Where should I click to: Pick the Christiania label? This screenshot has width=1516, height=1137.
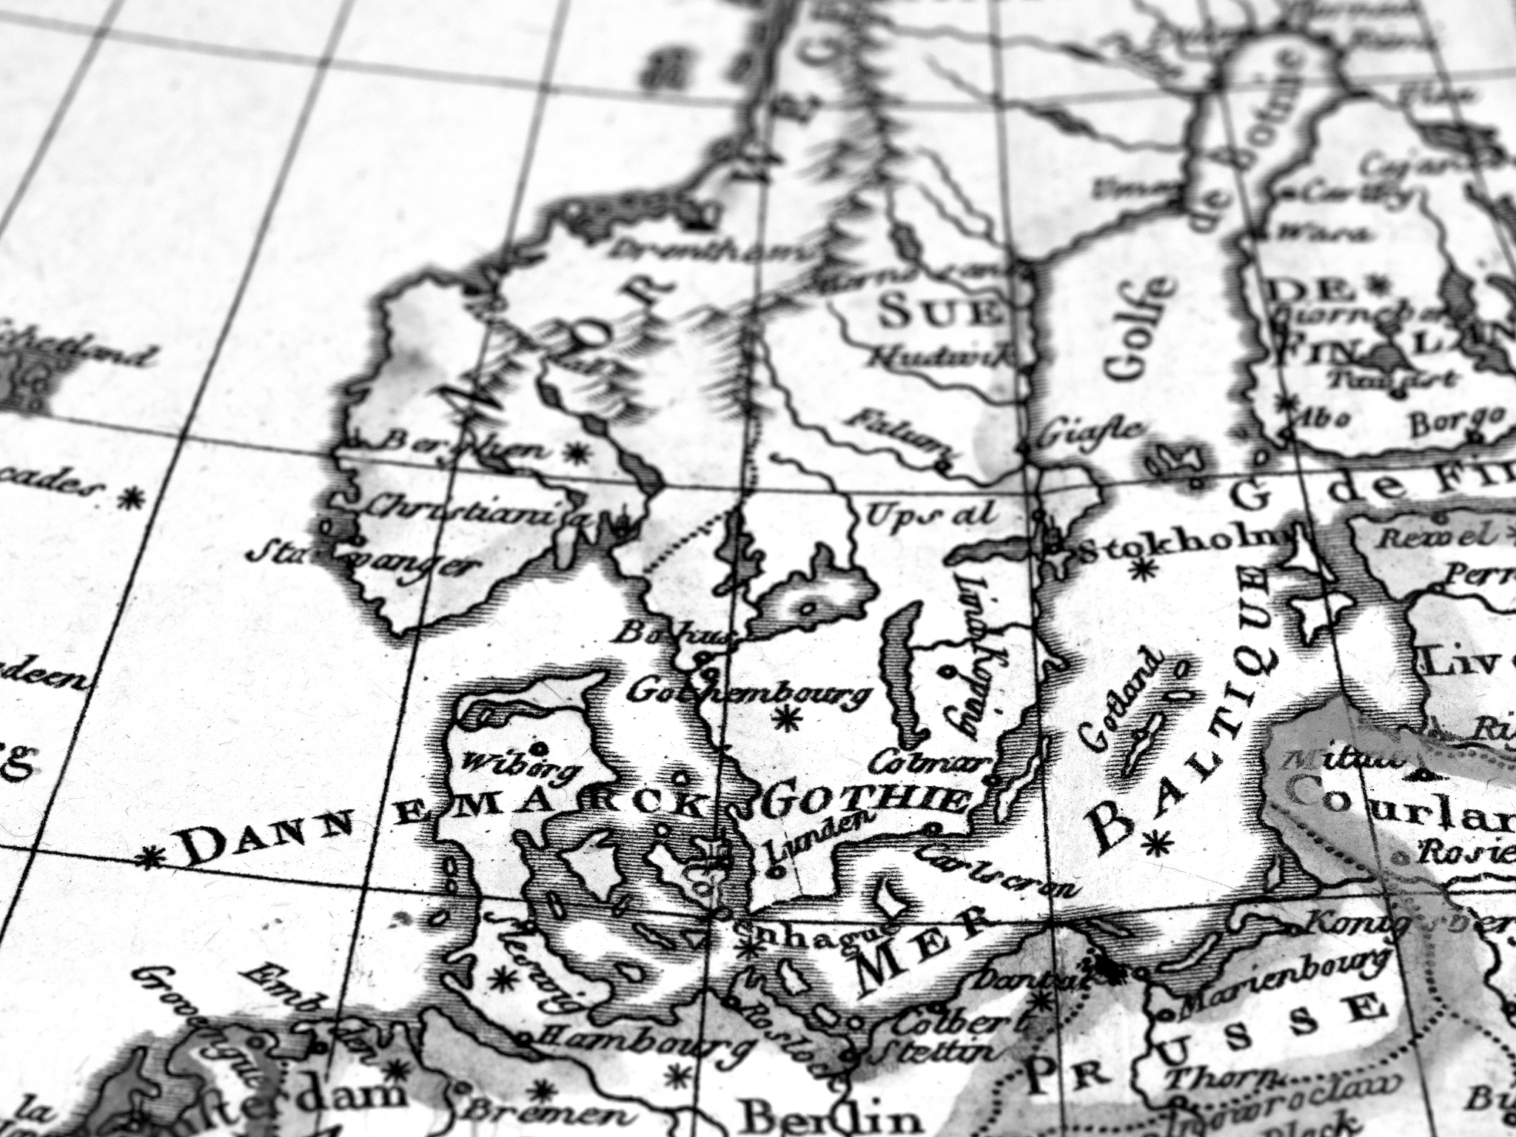click(474, 510)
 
